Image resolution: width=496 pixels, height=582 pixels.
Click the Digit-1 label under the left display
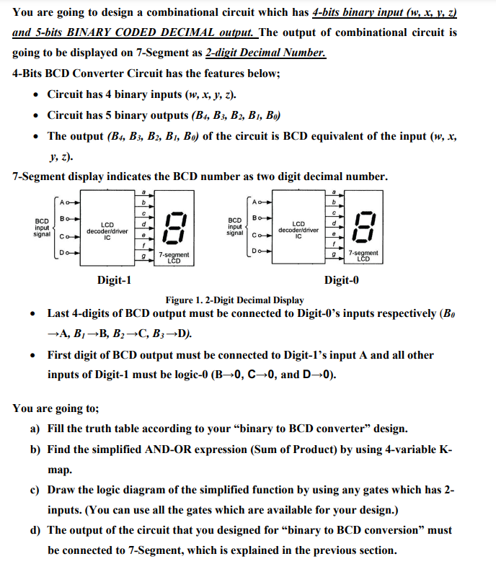(114, 280)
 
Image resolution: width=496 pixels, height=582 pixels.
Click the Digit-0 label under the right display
(342, 280)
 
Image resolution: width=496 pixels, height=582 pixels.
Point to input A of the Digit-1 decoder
(66, 201)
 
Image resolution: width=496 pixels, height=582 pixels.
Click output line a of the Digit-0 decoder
(332, 190)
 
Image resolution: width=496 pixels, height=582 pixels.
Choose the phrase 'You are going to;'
(56, 408)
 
